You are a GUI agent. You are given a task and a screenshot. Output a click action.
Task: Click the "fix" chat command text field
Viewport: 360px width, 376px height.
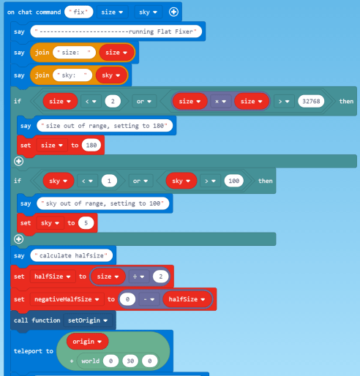[79, 12]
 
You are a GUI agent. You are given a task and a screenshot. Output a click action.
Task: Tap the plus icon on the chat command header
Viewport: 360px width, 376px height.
[173, 12]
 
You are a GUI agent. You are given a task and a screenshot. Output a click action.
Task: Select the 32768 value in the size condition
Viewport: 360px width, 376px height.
[311, 101]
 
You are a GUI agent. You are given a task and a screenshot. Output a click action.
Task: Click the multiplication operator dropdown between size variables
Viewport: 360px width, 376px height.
[220, 102]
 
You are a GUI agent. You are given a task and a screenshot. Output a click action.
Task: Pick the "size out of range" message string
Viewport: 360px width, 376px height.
[105, 126]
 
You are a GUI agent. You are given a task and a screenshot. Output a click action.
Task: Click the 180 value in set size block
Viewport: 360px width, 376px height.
[91, 146]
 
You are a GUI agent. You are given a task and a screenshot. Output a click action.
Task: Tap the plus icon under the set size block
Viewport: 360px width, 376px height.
[19, 161]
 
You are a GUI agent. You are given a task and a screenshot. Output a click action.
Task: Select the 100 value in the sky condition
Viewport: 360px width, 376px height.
[233, 181]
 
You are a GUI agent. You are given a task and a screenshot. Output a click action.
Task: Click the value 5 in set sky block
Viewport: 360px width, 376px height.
[86, 223]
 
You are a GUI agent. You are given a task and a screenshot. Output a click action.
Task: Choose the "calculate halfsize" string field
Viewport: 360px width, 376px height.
[72, 255]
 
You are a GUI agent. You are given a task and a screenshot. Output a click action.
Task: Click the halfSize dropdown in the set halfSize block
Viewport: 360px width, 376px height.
[53, 277]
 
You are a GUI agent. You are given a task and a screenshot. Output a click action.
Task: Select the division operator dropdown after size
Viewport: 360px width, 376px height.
[138, 277]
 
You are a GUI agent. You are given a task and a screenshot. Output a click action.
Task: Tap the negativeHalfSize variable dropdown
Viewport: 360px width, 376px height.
[67, 299]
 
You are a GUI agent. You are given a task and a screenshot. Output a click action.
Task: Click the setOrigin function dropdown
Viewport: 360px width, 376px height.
[88, 320]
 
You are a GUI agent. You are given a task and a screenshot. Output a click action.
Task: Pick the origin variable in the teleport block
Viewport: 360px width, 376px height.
[87, 342]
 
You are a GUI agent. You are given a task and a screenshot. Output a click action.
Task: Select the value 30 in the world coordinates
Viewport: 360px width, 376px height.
[130, 361]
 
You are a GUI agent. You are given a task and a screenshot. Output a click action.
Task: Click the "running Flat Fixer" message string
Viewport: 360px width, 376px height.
[116, 31]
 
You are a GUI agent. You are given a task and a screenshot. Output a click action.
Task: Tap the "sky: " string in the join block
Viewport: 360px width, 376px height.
[72, 75]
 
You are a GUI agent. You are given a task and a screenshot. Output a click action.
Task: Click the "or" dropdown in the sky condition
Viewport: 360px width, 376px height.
[140, 181]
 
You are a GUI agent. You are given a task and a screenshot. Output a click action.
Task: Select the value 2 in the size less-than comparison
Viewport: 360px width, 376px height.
[113, 101]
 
